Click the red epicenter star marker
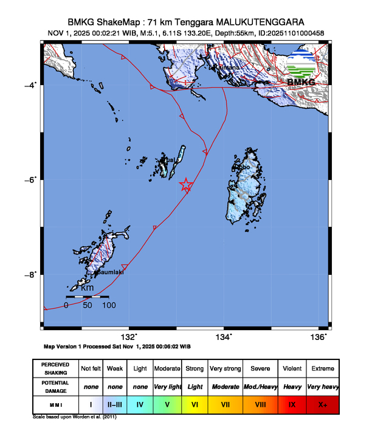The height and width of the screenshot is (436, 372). [x=187, y=185]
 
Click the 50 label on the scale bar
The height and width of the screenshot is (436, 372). [x=87, y=305]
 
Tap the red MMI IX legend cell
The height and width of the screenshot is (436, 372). [x=292, y=403]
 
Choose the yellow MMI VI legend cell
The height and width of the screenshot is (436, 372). [x=195, y=403]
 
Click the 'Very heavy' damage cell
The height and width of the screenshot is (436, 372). [x=322, y=386]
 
